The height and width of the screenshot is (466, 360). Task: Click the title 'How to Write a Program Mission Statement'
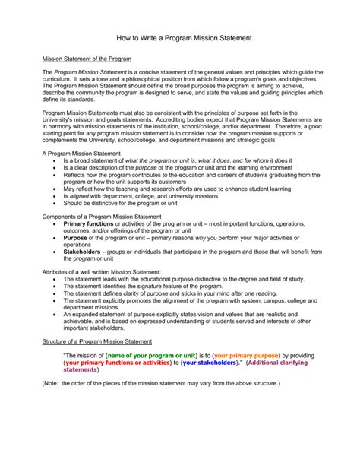(179, 37)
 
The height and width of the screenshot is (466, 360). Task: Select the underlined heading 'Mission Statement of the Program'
(87, 59)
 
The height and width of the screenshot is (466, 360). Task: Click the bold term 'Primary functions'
(89, 225)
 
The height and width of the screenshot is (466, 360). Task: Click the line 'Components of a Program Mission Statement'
(96, 216)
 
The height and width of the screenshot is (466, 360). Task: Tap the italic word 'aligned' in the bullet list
(83, 195)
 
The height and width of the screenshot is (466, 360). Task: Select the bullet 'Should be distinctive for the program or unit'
(121, 203)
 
